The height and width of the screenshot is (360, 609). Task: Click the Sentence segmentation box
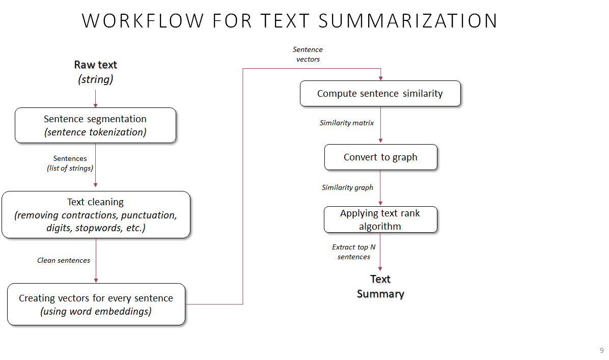tap(95, 125)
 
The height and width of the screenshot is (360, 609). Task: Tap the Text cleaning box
tap(96, 214)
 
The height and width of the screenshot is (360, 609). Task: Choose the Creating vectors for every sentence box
tap(96, 304)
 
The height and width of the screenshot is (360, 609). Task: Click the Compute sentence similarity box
tap(380, 94)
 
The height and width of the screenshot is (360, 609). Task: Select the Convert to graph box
tap(380, 157)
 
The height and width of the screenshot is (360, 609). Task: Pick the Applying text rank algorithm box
tap(380, 219)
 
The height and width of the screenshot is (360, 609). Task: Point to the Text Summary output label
tap(380, 286)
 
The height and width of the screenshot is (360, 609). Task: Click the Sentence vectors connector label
tap(308, 54)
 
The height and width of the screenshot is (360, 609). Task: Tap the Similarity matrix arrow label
tap(347, 123)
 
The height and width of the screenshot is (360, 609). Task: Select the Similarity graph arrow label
tap(347, 187)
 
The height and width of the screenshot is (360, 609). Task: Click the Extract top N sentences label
tap(353, 252)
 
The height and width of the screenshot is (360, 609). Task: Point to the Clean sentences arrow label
tap(64, 260)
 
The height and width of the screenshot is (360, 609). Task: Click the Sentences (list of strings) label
tap(70, 163)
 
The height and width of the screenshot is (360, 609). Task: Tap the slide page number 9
tap(601, 350)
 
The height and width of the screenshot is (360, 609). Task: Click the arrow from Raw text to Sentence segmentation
tap(95, 98)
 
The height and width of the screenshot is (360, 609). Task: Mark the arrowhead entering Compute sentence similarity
tap(380, 78)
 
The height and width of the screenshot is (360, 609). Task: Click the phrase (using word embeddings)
tap(96, 311)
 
